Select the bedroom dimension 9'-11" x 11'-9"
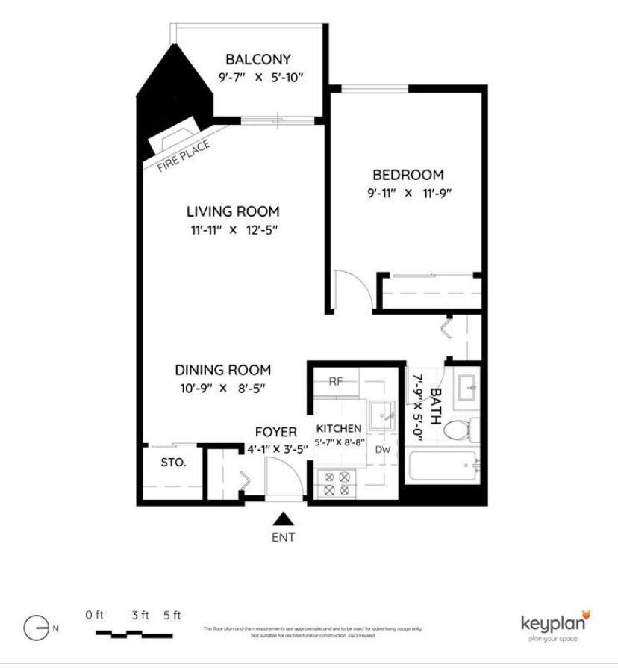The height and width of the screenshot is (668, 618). click(408, 193)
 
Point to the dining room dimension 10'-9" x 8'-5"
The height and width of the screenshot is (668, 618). click(222, 388)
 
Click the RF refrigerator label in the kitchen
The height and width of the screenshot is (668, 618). click(337, 381)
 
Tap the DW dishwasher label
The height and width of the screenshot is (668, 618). click(383, 449)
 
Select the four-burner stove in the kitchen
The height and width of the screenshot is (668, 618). click(334, 483)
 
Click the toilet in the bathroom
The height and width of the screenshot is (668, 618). click(458, 428)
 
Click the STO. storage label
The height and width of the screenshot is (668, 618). click(173, 462)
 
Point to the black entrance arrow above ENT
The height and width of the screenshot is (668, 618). click(282, 519)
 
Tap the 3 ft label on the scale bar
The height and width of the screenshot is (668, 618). click(140, 616)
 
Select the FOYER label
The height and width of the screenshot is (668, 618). click(276, 432)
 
